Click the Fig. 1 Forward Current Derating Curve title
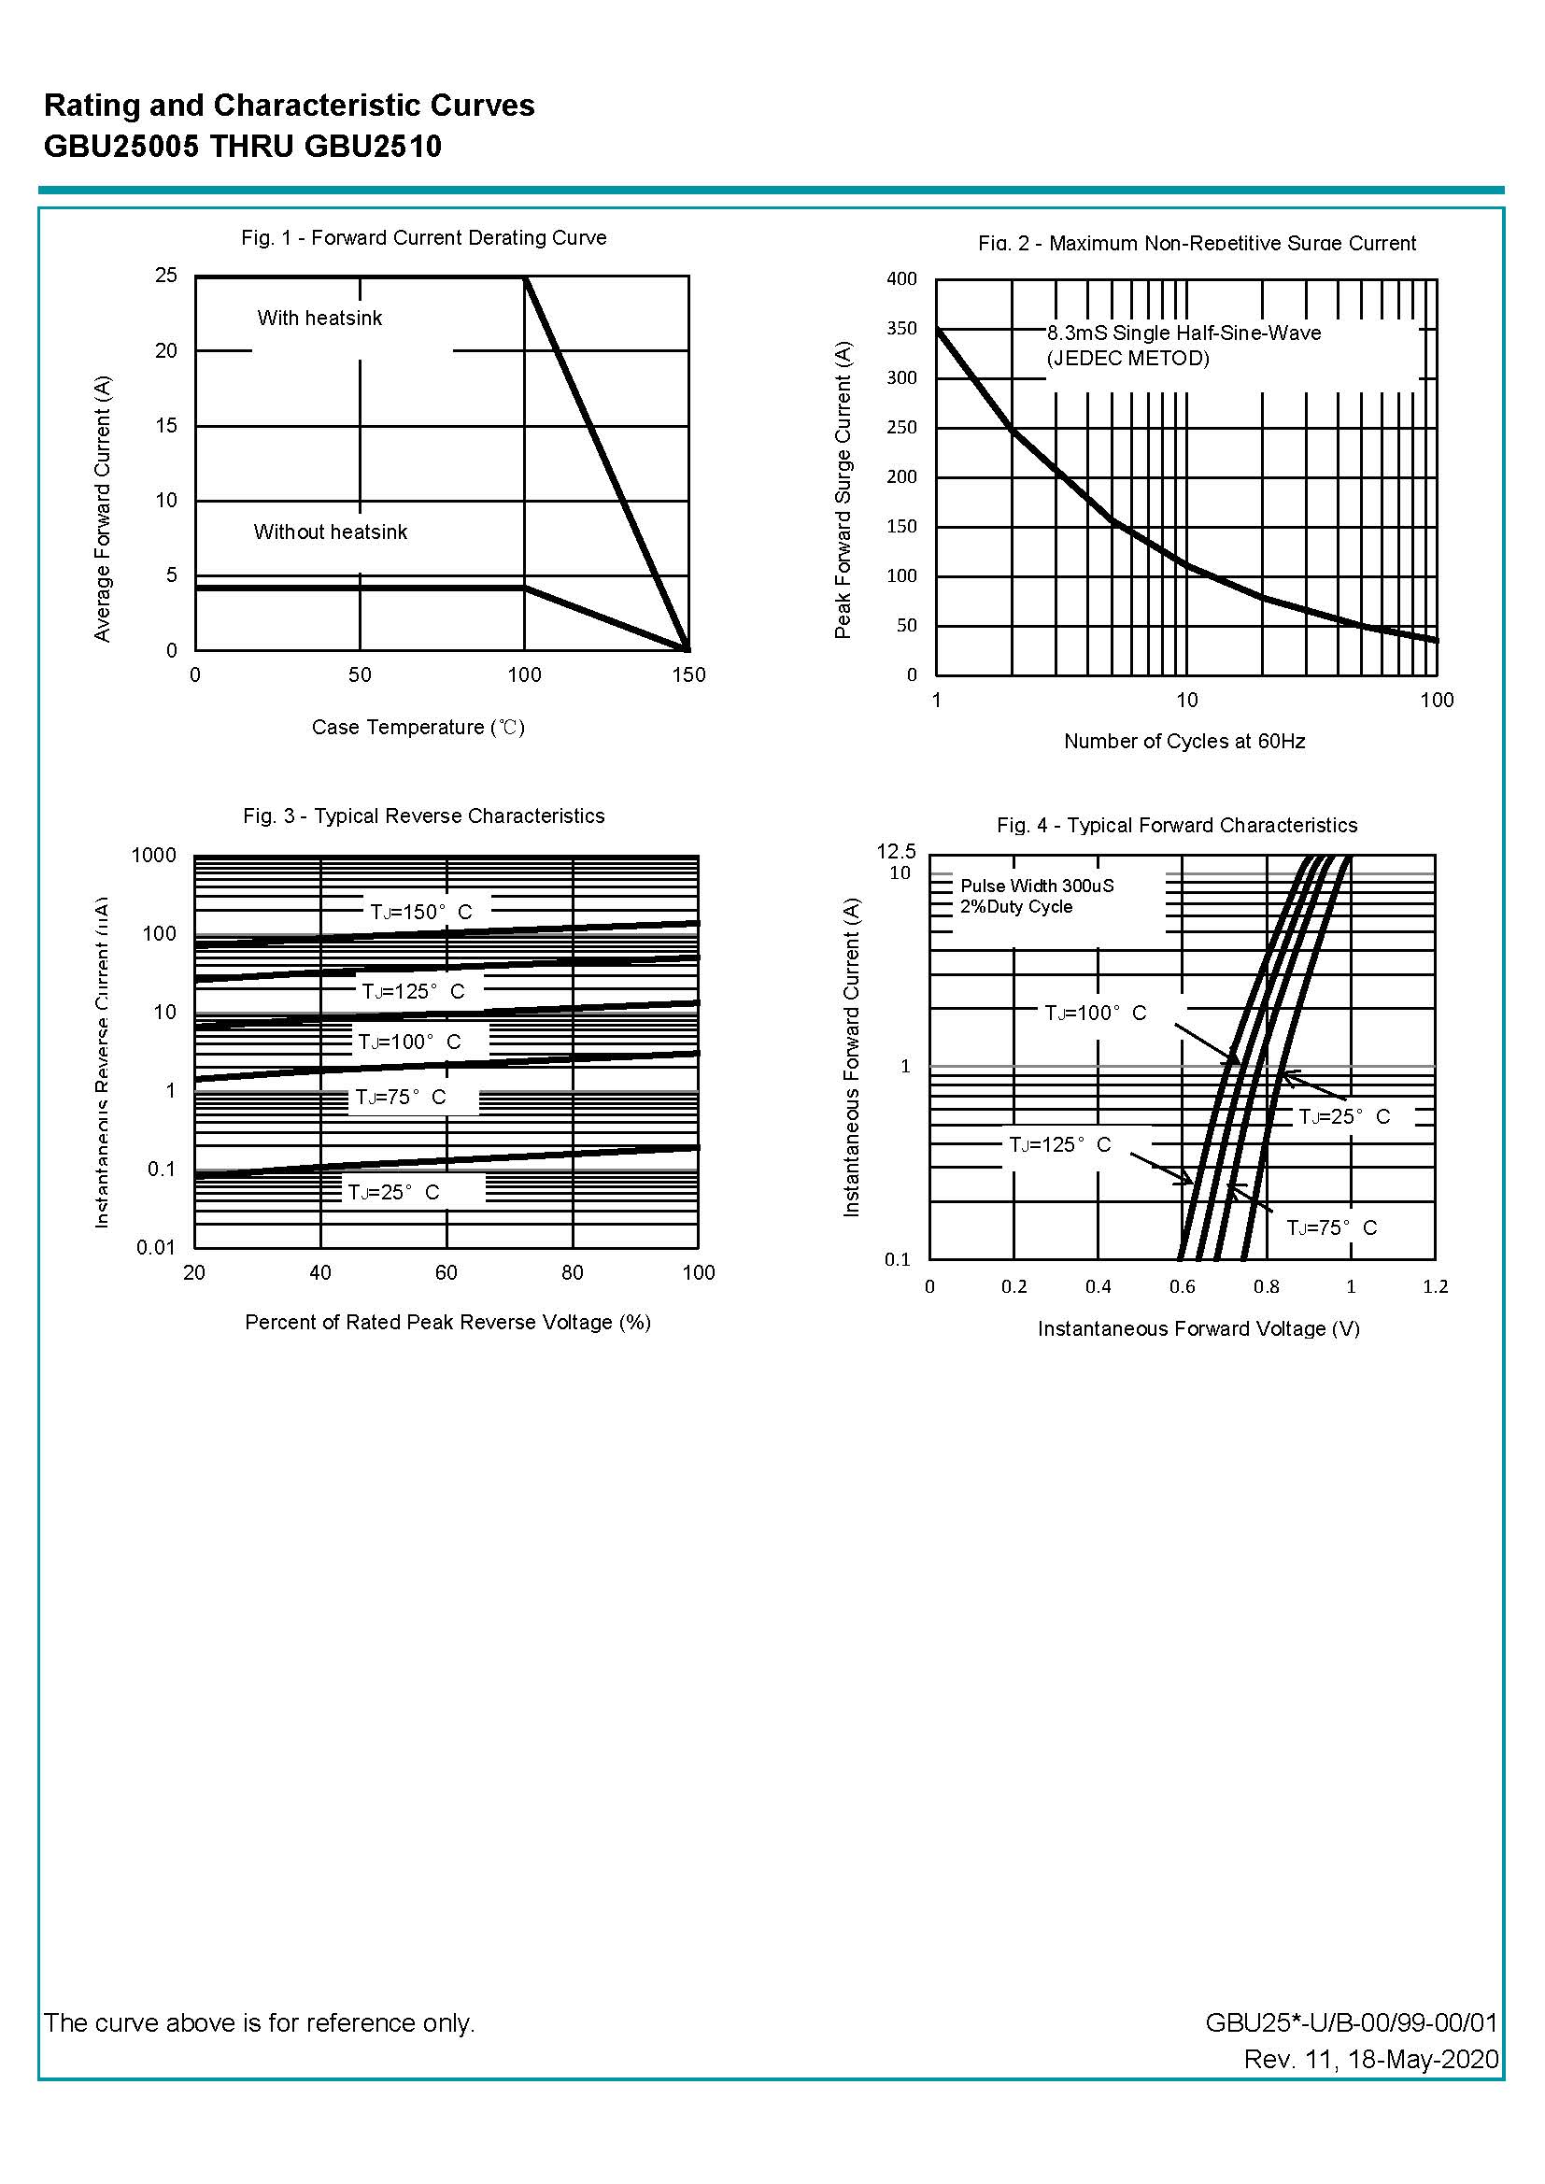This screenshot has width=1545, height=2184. [x=423, y=238]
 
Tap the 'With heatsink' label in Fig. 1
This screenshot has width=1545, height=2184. [x=319, y=319]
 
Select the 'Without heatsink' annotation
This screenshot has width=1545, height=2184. [x=330, y=532]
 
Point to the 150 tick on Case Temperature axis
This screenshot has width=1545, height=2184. [x=688, y=675]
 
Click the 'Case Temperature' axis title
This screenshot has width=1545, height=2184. [x=418, y=728]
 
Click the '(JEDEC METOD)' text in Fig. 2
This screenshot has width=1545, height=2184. [x=1128, y=359]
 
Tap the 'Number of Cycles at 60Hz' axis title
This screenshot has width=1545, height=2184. [x=1184, y=742]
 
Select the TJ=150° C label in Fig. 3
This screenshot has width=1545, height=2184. [x=420, y=913]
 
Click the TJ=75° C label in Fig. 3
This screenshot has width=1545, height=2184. [x=400, y=1098]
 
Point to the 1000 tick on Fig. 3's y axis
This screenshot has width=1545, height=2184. [x=154, y=855]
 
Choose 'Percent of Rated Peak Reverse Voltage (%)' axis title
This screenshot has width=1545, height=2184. [x=447, y=1322]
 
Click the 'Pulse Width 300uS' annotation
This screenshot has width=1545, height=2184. [x=1037, y=886]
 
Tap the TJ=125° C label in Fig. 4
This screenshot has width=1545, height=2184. [x=1060, y=1144]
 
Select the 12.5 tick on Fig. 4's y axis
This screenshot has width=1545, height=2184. [x=896, y=851]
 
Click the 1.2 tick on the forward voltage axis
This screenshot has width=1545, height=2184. [x=1435, y=1287]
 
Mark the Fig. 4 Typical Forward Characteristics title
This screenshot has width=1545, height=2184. [x=1177, y=826]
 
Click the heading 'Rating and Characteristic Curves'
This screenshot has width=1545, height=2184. [x=290, y=106]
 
